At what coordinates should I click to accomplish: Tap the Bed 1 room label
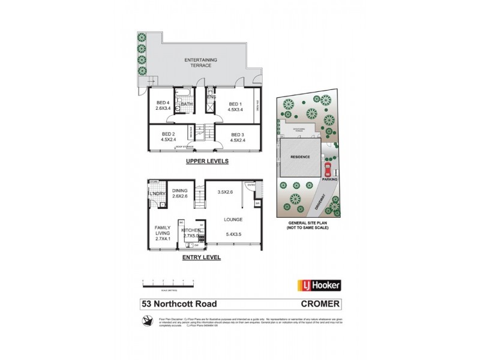tap(235, 106)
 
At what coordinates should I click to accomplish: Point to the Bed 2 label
tap(168, 137)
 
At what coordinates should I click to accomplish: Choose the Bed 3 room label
tap(237, 137)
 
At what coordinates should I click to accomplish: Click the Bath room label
tap(187, 104)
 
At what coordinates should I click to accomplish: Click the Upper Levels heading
tap(198, 161)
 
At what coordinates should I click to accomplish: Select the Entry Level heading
tap(201, 257)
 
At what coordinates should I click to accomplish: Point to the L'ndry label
tap(157, 194)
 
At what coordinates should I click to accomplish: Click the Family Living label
tap(163, 232)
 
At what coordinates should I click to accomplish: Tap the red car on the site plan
tap(328, 169)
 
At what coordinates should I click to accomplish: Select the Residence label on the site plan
tap(300, 157)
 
